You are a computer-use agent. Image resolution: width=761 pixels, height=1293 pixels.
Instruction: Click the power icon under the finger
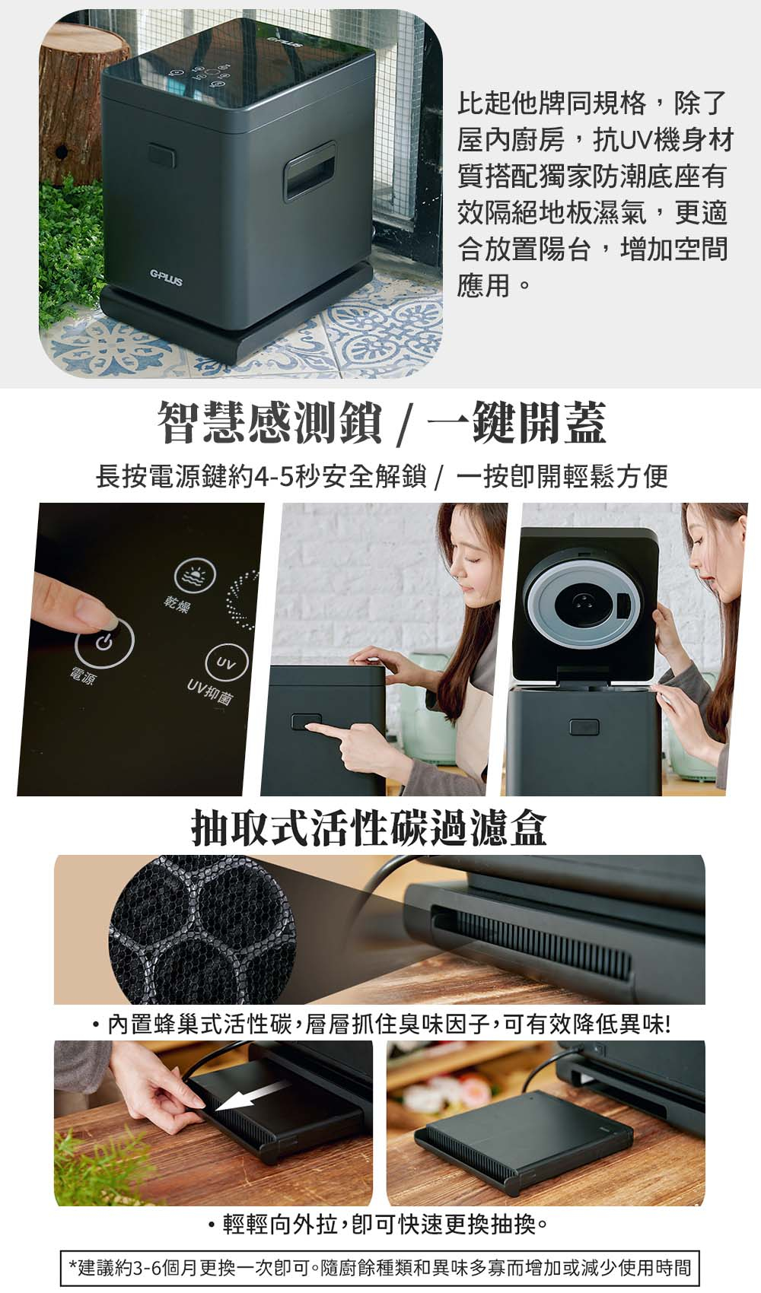[104, 643]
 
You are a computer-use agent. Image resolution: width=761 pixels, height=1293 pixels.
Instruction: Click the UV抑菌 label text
[209, 689]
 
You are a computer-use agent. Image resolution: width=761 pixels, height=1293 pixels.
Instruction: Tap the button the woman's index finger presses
[304, 722]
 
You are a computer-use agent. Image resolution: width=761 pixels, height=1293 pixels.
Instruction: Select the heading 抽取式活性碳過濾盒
[369, 828]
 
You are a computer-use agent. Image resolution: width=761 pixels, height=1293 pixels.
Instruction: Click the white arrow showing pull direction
[252, 1099]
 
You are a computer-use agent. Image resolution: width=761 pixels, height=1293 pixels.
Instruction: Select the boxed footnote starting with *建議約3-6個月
[380, 1267]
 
